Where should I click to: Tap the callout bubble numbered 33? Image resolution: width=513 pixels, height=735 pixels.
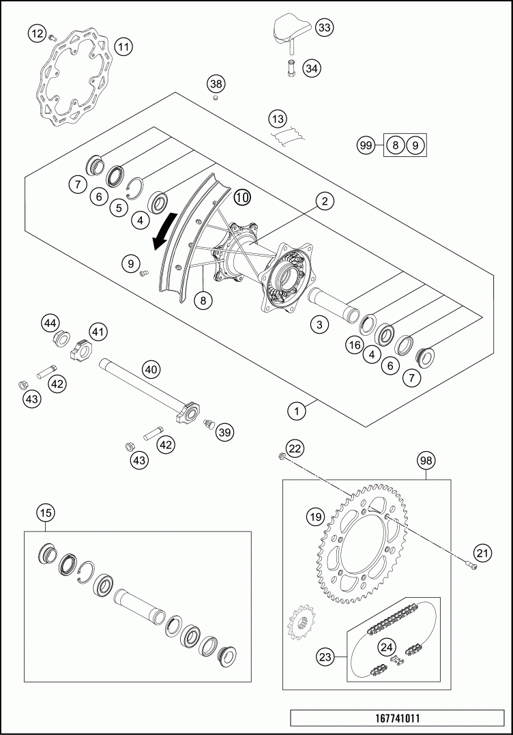click(324, 28)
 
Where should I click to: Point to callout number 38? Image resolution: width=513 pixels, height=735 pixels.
click(216, 85)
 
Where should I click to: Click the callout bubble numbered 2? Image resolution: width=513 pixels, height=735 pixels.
click(325, 201)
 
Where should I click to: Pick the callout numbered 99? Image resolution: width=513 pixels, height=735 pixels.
click(366, 145)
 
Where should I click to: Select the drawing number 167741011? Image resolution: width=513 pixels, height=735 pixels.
click(398, 719)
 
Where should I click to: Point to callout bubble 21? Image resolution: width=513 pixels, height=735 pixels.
click(483, 553)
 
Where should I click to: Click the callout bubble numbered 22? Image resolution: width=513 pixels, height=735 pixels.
click(295, 448)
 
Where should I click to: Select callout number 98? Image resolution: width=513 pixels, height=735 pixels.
click(426, 461)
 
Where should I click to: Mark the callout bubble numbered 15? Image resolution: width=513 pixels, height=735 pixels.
click(46, 513)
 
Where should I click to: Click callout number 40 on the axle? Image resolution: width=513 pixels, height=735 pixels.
click(151, 370)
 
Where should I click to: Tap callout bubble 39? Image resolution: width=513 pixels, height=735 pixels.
click(225, 431)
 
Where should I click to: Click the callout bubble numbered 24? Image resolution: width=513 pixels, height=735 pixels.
click(387, 646)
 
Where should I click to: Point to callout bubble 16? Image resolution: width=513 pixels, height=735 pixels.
click(353, 345)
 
